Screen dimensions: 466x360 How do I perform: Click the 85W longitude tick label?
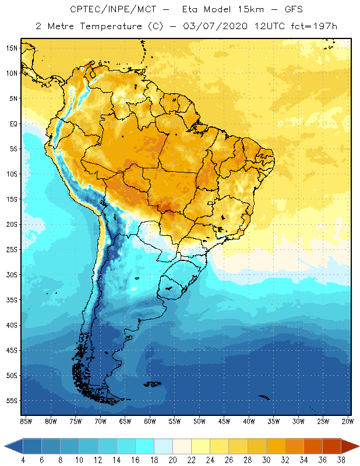[x=26, y=421]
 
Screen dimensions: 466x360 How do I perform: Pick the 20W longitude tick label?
[x=347, y=421]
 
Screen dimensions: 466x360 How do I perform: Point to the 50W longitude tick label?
[x=199, y=421]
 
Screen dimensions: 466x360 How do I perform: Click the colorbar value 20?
[x=172, y=460]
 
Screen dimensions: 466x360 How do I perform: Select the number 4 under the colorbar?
[x=23, y=460]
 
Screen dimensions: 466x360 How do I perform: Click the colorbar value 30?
[x=266, y=460]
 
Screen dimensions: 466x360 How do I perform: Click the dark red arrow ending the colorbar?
[x=350, y=446]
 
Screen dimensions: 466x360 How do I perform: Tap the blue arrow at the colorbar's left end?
[x=13, y=446]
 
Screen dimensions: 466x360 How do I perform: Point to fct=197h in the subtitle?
[x=315, y=27]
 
